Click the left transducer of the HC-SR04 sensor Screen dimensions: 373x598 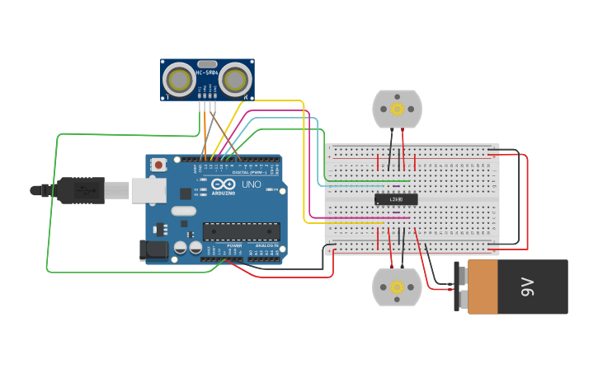[179, 79]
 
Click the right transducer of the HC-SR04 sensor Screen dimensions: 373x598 [235, 79]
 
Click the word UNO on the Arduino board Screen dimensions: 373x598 [251, 184]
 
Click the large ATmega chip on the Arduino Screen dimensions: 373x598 [241, 231]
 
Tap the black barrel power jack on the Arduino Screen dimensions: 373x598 [154, 249]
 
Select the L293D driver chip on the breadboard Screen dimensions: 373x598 [396, 198]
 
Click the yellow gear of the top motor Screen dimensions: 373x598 [397, 109]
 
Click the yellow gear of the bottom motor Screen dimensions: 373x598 [397, 287]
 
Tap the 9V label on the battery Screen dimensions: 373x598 [527, 287]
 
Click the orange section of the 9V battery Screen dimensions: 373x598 [483, 287]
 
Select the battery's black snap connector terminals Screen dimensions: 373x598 [457, 287]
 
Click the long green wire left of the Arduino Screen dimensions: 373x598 [50, 206]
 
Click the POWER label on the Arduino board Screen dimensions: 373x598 [234, 245]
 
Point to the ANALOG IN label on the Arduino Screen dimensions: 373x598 [267, 245]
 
